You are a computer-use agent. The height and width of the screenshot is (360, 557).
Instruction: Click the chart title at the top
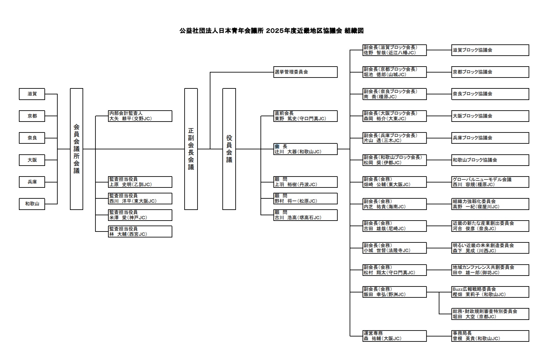[271, 31]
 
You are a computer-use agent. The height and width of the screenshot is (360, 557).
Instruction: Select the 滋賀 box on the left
[32, 94]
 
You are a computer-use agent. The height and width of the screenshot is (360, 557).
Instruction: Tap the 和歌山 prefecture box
[32, 204]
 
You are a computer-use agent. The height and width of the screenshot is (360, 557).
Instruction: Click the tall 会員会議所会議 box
[77, 149]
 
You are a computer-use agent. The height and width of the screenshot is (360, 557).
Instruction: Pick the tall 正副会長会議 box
[191, 149]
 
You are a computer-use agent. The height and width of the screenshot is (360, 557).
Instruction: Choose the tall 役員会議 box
[229, 149]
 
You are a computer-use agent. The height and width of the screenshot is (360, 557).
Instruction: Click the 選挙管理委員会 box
[306, 72]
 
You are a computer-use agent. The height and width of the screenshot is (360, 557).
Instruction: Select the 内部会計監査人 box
[140, 116]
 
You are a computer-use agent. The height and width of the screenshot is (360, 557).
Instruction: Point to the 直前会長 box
[306, 116]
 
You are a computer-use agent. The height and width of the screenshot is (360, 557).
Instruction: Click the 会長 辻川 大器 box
[306, 149]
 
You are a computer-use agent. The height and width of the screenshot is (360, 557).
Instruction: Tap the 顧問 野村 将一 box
[306, 198]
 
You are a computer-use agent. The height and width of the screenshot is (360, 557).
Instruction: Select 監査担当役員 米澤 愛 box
[140, 215]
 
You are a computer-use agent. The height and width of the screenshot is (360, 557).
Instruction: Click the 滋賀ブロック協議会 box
[490, 50]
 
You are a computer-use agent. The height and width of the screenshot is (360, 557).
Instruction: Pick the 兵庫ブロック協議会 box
[490, 138]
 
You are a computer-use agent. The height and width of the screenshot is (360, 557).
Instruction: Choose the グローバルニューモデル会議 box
[490, 182]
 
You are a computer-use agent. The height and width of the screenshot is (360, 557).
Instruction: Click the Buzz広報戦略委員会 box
[490, 292]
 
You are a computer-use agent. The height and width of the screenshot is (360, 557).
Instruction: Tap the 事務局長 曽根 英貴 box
[490, 336]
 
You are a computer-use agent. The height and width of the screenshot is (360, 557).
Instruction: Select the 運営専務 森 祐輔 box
[395, 336]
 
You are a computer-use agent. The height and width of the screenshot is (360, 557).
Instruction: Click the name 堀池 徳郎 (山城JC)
[385, 75]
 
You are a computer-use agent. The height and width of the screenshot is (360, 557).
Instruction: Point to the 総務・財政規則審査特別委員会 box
[490, 314]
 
